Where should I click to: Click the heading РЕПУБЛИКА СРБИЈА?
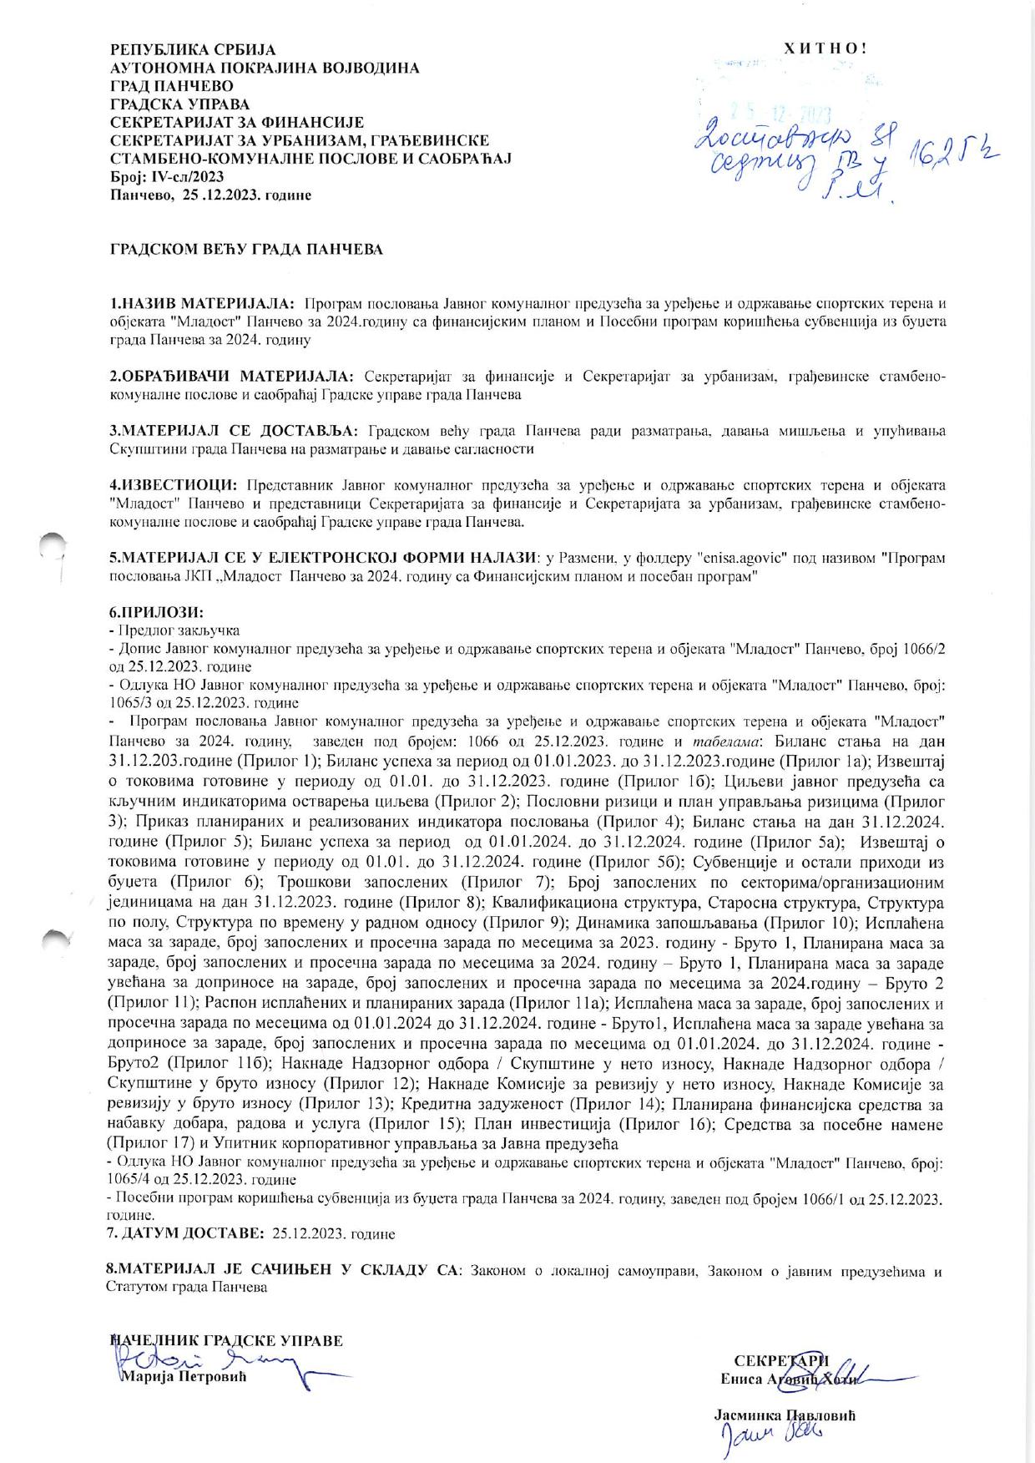click(x=193, y=51)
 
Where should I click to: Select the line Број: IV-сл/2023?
click(x=167, y=177)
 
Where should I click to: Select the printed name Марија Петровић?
click(x=186, y=1377)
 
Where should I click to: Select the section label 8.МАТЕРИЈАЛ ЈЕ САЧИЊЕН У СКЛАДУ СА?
click(x=283, y=1271)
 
